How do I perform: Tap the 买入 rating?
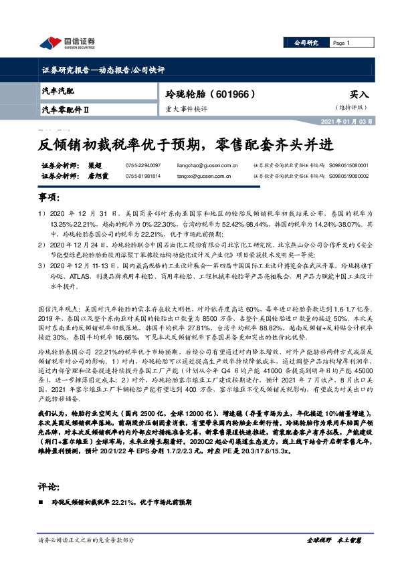point(359,95)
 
